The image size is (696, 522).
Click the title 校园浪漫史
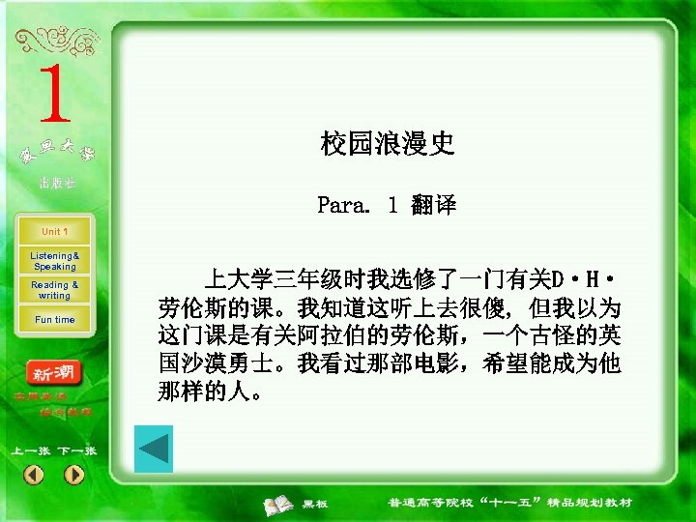(x=387, y=145)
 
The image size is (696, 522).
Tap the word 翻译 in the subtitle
(x=434, y=205)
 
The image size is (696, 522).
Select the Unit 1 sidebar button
(x=54, y=232)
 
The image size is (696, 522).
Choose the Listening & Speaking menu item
(x=54, y=261)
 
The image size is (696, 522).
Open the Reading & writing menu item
(x=54, y=290)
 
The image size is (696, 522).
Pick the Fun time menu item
(x=54, y=320)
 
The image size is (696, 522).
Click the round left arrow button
(x=33, y=475)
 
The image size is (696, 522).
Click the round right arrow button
(x=74, y=475)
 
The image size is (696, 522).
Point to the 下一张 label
(x=76, y=451)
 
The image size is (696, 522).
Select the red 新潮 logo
(x=54, y=373)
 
